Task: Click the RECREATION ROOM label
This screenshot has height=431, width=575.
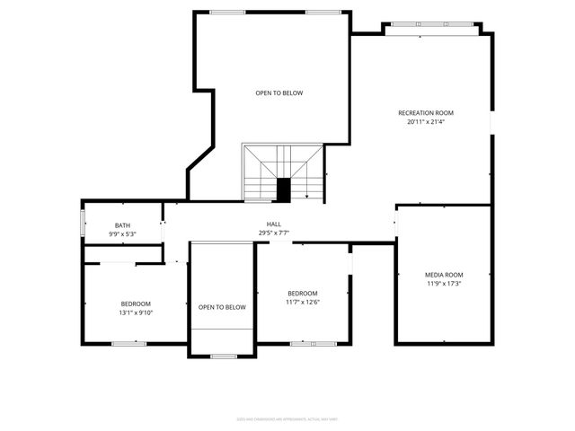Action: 426,113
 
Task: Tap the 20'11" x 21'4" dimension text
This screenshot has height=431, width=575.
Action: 426,122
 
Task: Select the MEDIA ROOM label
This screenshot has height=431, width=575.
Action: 444,275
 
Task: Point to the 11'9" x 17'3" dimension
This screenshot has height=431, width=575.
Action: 444,284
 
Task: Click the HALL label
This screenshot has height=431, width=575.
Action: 273,224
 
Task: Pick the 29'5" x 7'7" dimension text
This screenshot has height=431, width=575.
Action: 273,233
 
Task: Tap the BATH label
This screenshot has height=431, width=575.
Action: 122,225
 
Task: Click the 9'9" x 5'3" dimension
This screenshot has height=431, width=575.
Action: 122,234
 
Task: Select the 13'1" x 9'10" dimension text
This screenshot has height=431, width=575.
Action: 136,312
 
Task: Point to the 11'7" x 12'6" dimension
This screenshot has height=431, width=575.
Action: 302,302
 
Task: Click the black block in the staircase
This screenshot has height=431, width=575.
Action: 284,190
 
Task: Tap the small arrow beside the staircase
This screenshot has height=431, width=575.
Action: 307,194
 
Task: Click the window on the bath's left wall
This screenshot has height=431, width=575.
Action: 84,222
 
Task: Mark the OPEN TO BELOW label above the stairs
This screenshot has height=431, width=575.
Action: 279,92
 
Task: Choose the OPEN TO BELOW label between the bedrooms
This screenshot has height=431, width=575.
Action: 222,307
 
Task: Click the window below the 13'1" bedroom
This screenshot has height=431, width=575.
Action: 128,343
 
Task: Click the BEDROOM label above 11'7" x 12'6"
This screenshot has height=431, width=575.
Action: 302,294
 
